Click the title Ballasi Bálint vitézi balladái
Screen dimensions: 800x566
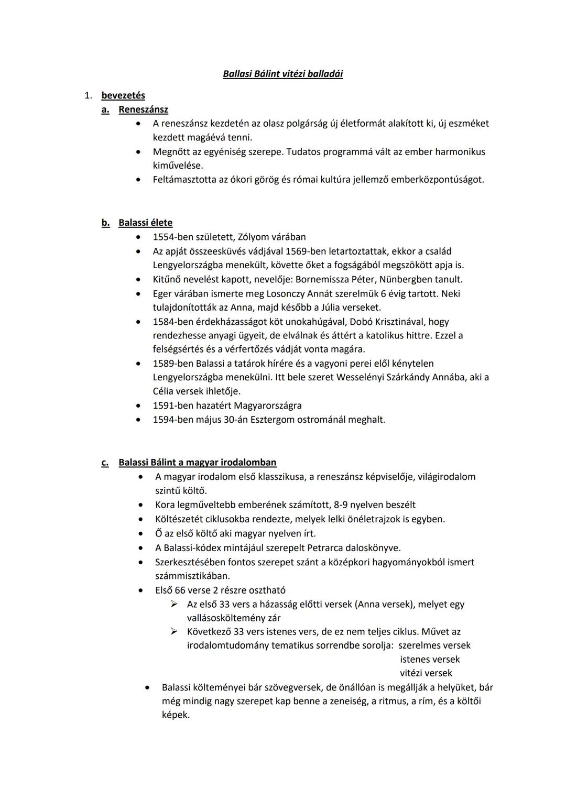coord(283,74)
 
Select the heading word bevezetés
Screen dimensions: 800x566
coord(123,95)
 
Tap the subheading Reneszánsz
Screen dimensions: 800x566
coord(143,109)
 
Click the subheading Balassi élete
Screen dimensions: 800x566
coord(145,223)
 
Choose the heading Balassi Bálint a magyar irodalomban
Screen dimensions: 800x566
coord(197,463)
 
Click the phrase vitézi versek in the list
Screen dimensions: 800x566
coord(426,673)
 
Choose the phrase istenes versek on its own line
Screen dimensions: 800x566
coord(430,660)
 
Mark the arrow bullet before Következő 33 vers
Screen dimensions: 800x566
coord(175,632)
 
